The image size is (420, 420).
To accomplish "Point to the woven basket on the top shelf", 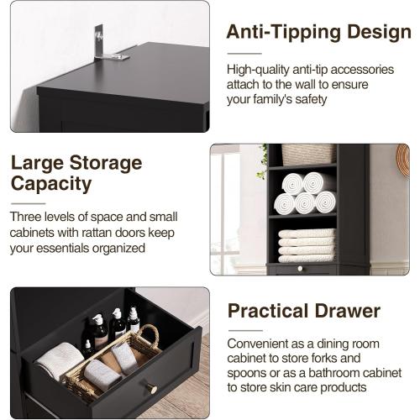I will (x=307, y=155).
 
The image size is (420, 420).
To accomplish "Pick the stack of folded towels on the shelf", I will (x=307, y=244).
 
